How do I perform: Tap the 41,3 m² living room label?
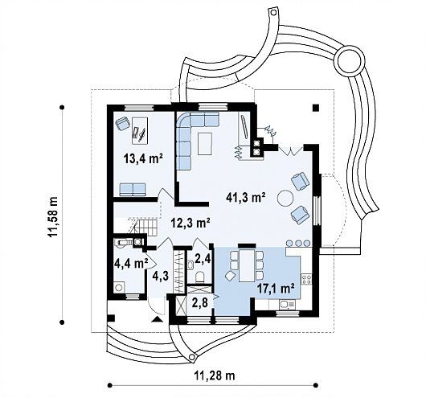click(246, 197)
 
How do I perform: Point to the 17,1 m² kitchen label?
click(276, 289)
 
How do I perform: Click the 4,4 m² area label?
click(131, 263)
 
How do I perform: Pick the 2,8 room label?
click(200, 302)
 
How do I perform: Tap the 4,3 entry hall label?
click(161, 276)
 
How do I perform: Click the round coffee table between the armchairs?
click(285, 198)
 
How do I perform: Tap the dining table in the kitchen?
click(247, 265)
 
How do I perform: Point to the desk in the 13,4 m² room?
click(140, 130)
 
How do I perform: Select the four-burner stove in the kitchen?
click(306, 280)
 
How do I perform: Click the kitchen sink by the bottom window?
click(287, 304)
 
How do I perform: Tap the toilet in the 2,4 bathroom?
click(200, 276)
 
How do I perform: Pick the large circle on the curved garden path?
click(350, 62)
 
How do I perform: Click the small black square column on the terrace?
click(315, 108)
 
